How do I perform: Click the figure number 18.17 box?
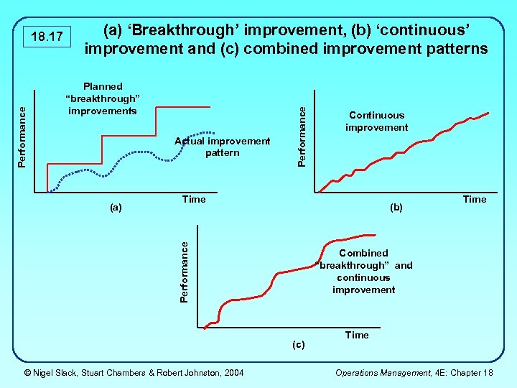point(45,36)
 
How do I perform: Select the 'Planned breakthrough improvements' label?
point(103,98)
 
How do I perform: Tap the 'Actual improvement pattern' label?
point(222,147)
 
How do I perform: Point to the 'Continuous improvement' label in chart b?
point(376,121)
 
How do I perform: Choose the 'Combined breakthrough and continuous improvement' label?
point(363,271)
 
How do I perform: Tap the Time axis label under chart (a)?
point(194,199)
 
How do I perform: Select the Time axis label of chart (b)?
point(474,199)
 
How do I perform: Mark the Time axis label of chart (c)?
point(357,335)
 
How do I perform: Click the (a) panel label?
point(116,208)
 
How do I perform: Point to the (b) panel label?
point(396,208)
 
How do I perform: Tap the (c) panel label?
point(298,344)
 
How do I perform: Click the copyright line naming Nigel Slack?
point(134,372)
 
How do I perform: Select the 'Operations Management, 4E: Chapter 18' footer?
point(414,372)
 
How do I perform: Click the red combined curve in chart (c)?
point(287,272)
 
